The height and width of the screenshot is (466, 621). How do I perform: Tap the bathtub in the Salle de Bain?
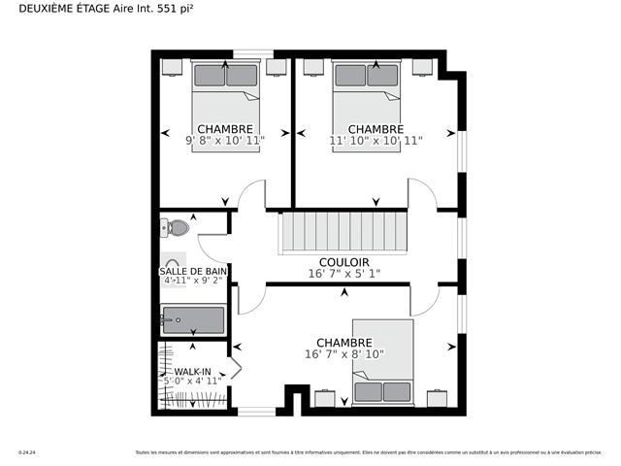(x=193, y=318)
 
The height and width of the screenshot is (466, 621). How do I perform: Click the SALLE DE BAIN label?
(x=194, y=271)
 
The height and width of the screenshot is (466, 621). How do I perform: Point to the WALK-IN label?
(x=193, y=372)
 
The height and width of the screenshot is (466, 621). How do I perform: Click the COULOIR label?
(x=344, y=262)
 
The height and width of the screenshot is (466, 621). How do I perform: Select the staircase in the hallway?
(x=344, y=233)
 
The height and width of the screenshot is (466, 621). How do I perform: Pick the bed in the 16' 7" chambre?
(x=382, y=361)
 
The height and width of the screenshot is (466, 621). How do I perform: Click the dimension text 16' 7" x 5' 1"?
(x=344, y=274)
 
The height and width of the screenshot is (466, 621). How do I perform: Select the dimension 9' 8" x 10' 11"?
(x=225, y=141)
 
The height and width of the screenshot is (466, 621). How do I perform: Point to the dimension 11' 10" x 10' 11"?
(x=376, y=141)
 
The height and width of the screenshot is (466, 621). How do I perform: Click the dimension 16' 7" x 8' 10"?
(x=344, y=354)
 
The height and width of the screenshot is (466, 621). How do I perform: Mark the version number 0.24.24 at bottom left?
(x=26, y=452)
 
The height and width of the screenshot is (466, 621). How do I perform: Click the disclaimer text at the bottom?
(x=368, y=452)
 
